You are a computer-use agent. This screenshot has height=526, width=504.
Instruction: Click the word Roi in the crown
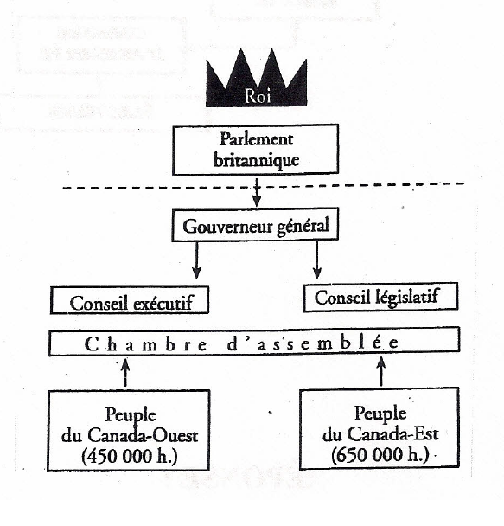[256, 97]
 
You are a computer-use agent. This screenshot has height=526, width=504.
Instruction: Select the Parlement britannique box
[257, 149]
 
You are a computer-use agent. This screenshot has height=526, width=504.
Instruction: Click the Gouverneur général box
[257, 227]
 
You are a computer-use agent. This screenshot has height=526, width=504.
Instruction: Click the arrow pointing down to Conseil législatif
[318, 257]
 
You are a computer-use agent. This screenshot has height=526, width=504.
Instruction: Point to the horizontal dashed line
[130, 184]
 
